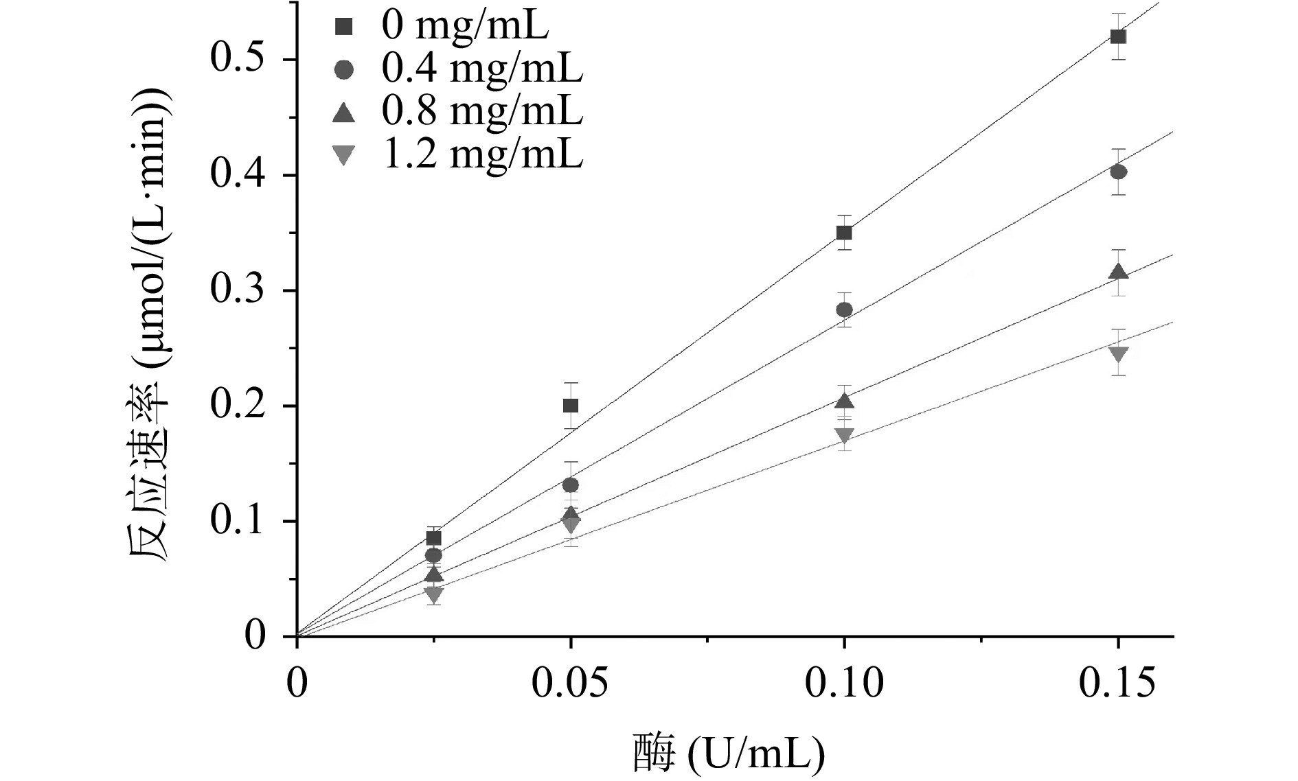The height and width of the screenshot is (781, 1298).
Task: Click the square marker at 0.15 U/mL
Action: (1118, 36)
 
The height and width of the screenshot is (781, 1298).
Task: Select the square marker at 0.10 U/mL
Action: (844, 233)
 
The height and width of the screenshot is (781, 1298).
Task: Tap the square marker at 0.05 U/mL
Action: (570, 406)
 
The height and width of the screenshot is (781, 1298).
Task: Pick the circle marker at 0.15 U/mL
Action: (1118, 172)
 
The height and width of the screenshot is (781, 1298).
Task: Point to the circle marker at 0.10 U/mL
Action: (844, 310)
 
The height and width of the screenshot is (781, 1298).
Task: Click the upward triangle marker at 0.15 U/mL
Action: (1118, 272)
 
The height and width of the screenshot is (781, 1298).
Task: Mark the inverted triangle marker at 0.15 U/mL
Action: (1118, 354)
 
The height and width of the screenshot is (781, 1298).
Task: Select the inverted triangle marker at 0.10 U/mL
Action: (844, 435)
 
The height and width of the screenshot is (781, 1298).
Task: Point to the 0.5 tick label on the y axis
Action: (238, 59)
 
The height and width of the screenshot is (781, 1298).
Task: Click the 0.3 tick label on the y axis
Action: (238, 290)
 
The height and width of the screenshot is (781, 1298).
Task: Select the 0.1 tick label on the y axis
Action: (238, 522)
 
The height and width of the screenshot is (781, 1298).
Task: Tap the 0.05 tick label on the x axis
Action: (570, 685)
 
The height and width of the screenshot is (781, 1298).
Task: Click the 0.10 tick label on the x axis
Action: (844, 685)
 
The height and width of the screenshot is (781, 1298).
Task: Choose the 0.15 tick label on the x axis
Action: (1118, 685)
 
